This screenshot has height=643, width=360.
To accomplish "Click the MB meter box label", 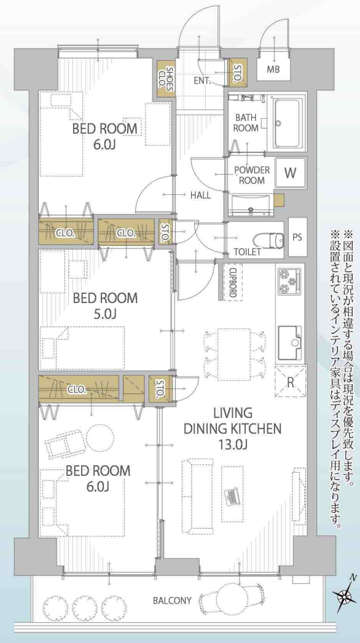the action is pos(273,69).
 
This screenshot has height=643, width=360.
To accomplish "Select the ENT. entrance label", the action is pos(203,81).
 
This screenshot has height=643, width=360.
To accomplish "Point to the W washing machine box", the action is pos(291,173).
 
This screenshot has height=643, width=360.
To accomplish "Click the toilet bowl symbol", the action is pos(268,240).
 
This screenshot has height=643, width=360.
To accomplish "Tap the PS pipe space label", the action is pos(298,238).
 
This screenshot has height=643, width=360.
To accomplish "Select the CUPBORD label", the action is pos(232,283).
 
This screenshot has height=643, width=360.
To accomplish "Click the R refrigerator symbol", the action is pos(291,381).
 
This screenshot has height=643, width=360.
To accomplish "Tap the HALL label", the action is pos(200,195).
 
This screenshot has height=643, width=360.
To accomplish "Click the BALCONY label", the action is pos(172,601).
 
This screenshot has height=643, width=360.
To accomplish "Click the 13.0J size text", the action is pos(232,445).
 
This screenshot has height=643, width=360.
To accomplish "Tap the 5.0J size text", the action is pos(104,314).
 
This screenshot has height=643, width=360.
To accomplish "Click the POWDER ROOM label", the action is pos(252,175).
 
